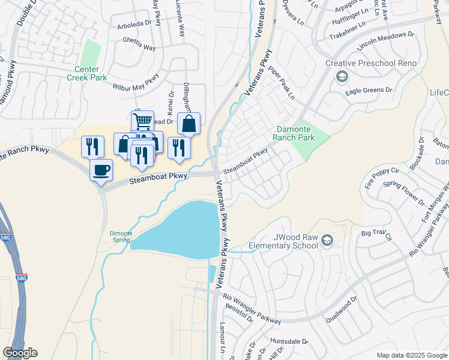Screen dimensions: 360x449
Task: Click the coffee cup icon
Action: [101, 169]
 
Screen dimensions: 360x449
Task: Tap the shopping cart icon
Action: [142, 121]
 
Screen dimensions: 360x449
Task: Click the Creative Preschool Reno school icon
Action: [342, 76]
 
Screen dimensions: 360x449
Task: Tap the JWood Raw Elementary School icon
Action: [327, 241]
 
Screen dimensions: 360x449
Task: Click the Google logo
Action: [20, 353]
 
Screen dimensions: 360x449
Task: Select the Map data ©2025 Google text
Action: [411, 355]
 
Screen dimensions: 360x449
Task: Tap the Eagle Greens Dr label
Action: [369, 90]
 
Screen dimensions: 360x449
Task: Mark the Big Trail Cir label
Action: [376, 232]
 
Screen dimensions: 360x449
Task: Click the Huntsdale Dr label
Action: [289, 341]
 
